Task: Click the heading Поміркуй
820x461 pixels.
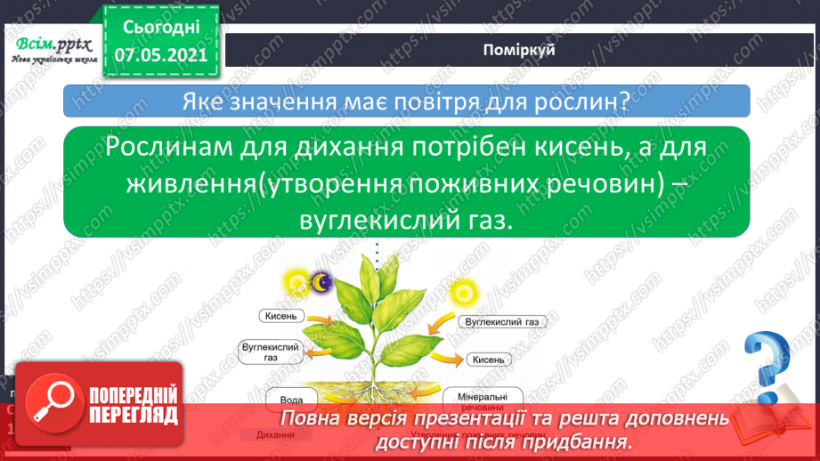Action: tap(519, 50)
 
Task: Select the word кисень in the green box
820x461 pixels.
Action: tap(541, 149)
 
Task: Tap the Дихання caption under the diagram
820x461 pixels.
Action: tap(276, 435)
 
